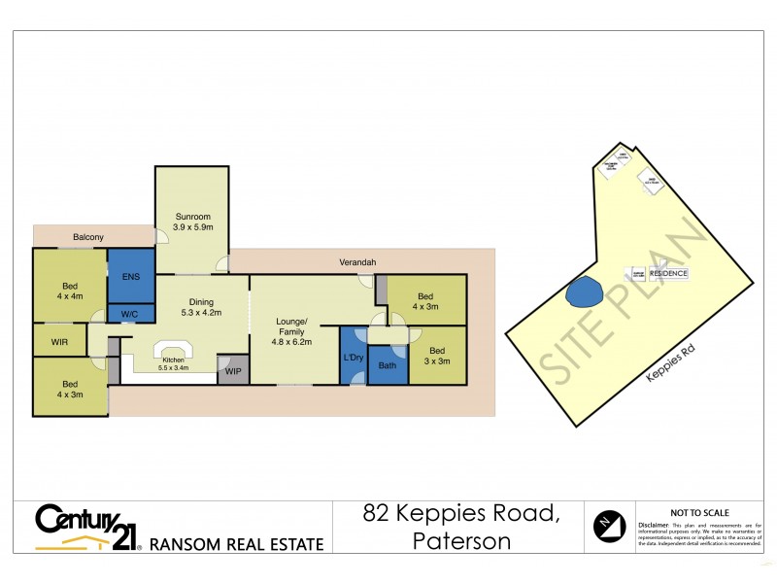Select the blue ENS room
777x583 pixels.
coord(130,276)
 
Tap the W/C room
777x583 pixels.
coord(130,313)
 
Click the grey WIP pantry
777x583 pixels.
coord(233,370)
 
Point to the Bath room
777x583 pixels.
coord(388,366)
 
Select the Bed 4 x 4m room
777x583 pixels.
coord(70,291)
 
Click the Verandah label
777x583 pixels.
coord(356,262)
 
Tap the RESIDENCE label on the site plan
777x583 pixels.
coord(668,274)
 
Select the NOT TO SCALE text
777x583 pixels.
coord(699,512)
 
